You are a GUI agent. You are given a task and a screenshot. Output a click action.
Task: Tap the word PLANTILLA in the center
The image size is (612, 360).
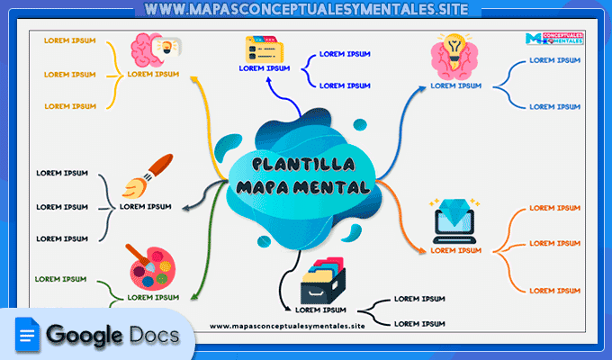tap(301, 165)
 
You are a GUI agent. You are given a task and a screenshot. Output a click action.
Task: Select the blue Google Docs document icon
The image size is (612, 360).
tap(27, 337)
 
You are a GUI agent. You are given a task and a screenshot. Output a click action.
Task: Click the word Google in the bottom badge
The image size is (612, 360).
tap(85, 337)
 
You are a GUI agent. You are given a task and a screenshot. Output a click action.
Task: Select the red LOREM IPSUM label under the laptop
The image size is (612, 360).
tap(456, 250)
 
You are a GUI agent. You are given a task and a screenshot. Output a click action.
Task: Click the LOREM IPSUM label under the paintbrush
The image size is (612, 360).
tap(146, 206)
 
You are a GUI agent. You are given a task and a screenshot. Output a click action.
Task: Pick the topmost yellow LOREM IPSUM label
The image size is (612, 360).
tap(69, 41)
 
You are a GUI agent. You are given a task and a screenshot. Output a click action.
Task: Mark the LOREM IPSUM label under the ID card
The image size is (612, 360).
tap(265, 67)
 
